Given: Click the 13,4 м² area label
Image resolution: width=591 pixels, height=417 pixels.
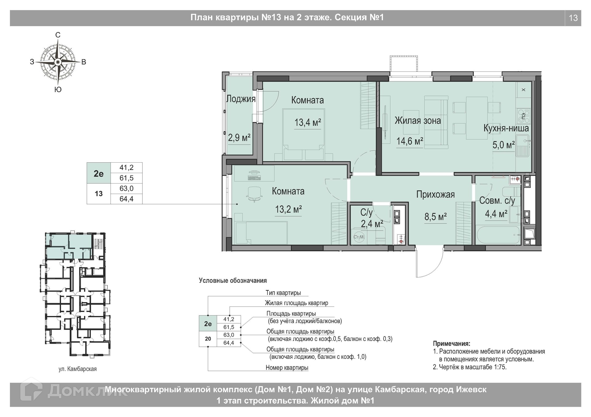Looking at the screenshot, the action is (x=308, y=123).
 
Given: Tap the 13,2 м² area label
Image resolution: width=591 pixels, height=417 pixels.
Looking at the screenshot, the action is (x=288, y=210).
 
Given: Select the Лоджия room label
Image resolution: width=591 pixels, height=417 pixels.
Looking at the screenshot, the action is (x=241, y=99).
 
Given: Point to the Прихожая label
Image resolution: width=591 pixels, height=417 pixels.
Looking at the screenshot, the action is (x=435, y=194).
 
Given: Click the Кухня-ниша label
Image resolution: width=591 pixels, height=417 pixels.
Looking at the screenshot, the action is (x=506, y=128).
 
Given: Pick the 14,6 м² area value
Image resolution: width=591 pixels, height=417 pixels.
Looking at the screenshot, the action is (x=409, y=141).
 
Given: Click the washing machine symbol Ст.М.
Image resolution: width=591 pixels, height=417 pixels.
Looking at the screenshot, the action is (x=359, y=237).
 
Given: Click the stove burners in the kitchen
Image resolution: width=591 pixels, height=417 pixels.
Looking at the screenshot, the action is (x=523, y=115).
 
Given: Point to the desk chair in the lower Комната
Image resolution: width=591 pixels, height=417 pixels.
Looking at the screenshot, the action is (x=254, y=194).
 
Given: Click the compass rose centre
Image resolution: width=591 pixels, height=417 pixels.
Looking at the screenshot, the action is (x=58, y=62).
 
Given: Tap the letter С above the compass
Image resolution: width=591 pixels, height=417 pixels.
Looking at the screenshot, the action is (x=58, y=35).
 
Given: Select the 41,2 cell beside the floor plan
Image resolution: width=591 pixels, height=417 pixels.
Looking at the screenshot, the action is (x=127, y=168).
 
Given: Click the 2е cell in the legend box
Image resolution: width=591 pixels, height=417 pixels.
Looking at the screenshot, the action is (x=208, y=324).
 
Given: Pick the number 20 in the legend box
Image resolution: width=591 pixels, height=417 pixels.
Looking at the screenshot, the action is (x=208, y=339).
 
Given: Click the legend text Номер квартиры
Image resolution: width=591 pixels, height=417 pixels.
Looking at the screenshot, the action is (x=287, y=367).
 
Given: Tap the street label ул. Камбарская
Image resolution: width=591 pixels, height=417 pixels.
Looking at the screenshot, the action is (x=78, y=369).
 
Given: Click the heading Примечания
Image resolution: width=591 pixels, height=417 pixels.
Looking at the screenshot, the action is (x=452, y=344).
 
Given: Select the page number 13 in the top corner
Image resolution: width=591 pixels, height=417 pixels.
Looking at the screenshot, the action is (x=573, y=18).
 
